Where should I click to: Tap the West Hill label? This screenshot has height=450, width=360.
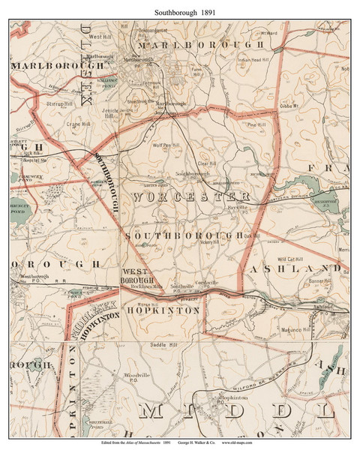pos(100,36)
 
